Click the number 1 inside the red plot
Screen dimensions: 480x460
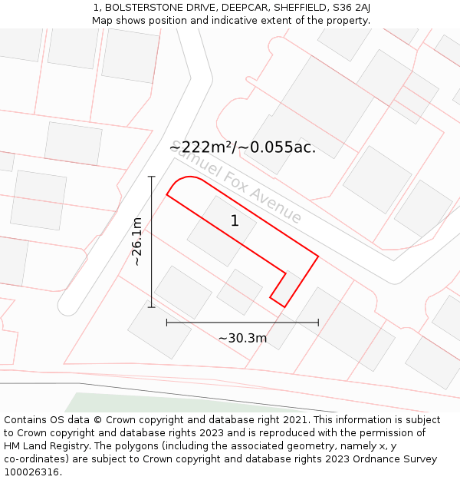(x=235, y=221)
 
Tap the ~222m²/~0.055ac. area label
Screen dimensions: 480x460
(x=242, y=147)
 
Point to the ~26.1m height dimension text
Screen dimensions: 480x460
(x=136, y=242)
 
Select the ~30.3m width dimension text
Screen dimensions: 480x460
(x=242, y=339)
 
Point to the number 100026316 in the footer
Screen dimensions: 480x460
(x=31, y=472)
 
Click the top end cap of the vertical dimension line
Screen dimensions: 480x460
(x=152, y=177)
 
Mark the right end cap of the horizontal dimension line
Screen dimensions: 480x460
(x=318, y=323)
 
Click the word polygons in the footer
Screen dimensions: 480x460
(x=139, y=446)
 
